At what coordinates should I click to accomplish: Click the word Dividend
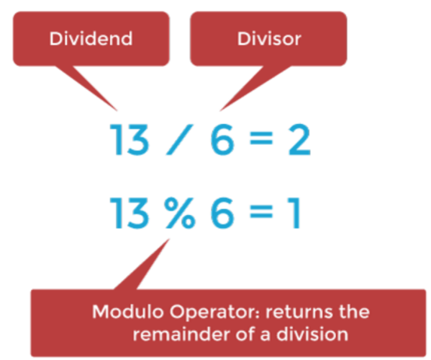pyautogui.click(x=91, y=38)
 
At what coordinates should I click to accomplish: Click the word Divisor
pyautogui.click(x=269, y=38)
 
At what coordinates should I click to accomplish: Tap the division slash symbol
pyautogui.click(x=180, y=139)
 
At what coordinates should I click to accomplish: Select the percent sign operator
pyautogui.click(x=180, y=214)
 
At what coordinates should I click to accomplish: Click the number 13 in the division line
pyautogui.click(x=129, y=139)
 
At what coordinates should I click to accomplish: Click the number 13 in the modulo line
pyautogui.click(x=129, y=214)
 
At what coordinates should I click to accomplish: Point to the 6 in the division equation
pyautogui.click(x=222, y=139)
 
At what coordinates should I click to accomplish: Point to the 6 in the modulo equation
pyautogui.click(x=222, y=214)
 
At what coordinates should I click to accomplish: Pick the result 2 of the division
pyautogui.click(x=299, y=139)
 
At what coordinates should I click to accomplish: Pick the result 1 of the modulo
pyautogui.click(x=295, y=214)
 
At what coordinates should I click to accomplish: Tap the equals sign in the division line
pyautogui.click(x=261, y=138)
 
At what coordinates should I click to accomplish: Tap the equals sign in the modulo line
pyautogui.click(x=261, y=212)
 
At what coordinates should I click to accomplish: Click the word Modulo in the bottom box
pyautogui.click(x=128, y=312)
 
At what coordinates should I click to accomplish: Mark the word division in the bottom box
pyautogui.click(x=313, y=334)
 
